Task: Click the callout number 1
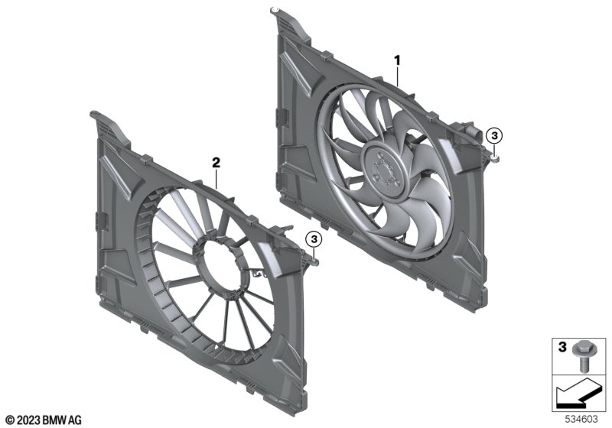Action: pos(397,60)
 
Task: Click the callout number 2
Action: pos(216,163)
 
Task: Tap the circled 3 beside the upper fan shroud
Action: pos(494,136)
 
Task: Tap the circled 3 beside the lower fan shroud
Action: pos(314,239)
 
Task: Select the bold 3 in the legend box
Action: pos(562,347)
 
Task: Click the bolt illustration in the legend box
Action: pos(582,356)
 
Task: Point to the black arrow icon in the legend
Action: pos(578,394)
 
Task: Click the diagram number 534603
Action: pos(581,419)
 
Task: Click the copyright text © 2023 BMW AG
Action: pos(44,420)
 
